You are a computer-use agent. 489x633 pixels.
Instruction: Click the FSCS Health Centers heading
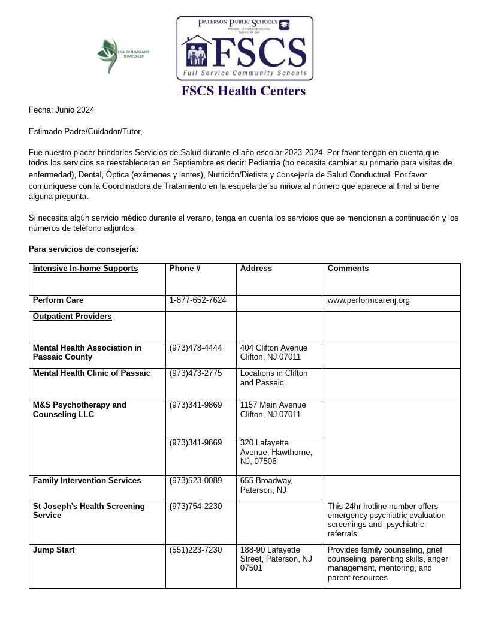244,91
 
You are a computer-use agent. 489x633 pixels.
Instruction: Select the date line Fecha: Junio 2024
61,110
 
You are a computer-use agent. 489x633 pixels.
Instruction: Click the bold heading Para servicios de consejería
84,249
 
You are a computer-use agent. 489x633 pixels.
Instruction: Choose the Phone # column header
185,269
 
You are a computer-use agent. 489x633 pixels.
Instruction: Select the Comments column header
348,269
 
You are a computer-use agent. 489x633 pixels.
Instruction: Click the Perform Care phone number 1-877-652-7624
198,300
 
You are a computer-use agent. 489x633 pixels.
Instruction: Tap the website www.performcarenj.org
369,300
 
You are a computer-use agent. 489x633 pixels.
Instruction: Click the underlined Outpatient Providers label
72,316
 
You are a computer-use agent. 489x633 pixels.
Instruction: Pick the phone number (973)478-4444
195,348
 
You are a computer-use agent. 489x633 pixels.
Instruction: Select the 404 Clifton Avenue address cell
274,352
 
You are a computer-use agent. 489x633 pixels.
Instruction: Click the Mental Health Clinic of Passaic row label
92,373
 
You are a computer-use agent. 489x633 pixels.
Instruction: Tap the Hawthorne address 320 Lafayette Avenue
276,452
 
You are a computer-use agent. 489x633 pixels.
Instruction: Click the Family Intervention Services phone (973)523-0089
195,480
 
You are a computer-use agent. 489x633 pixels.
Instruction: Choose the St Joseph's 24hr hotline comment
387,520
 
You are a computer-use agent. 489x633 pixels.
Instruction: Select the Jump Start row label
54,550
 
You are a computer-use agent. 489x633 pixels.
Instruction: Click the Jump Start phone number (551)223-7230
195,550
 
